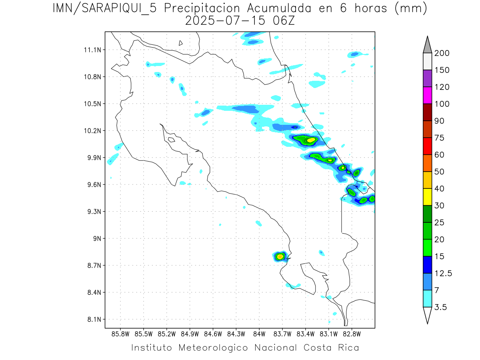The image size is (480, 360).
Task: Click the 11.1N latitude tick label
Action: (92, 50)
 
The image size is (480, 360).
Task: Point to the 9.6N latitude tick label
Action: (92, 185)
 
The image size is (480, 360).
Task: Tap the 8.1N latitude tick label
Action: (92, 320)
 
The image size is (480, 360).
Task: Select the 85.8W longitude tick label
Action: (120, 334)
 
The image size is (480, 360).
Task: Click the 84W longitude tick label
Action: (259, 334)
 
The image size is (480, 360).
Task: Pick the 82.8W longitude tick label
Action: (352, 334)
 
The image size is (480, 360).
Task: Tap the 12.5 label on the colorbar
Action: (443, 273)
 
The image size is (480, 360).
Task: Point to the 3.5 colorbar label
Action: (441, 307)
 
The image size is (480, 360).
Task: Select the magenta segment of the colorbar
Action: (427, 95)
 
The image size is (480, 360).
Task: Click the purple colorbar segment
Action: (427, 78)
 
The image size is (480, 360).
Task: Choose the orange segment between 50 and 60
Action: (427, 163)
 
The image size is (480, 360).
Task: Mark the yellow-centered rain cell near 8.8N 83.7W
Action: (280, 256)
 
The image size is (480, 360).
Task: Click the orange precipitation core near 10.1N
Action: (311, 140)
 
